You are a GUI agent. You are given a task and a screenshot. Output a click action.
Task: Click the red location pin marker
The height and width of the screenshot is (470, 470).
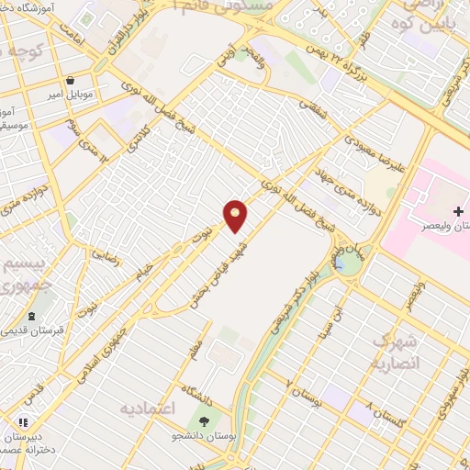click(x=236, y=215)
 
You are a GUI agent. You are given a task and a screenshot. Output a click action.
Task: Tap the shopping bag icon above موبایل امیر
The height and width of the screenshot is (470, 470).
click(x=73, y=80)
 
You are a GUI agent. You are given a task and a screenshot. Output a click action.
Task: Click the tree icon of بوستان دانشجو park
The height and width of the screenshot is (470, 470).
click(x=203, y=421)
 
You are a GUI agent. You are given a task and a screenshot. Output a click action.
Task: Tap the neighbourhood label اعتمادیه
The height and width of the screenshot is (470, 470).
click(x=151, y=407)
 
